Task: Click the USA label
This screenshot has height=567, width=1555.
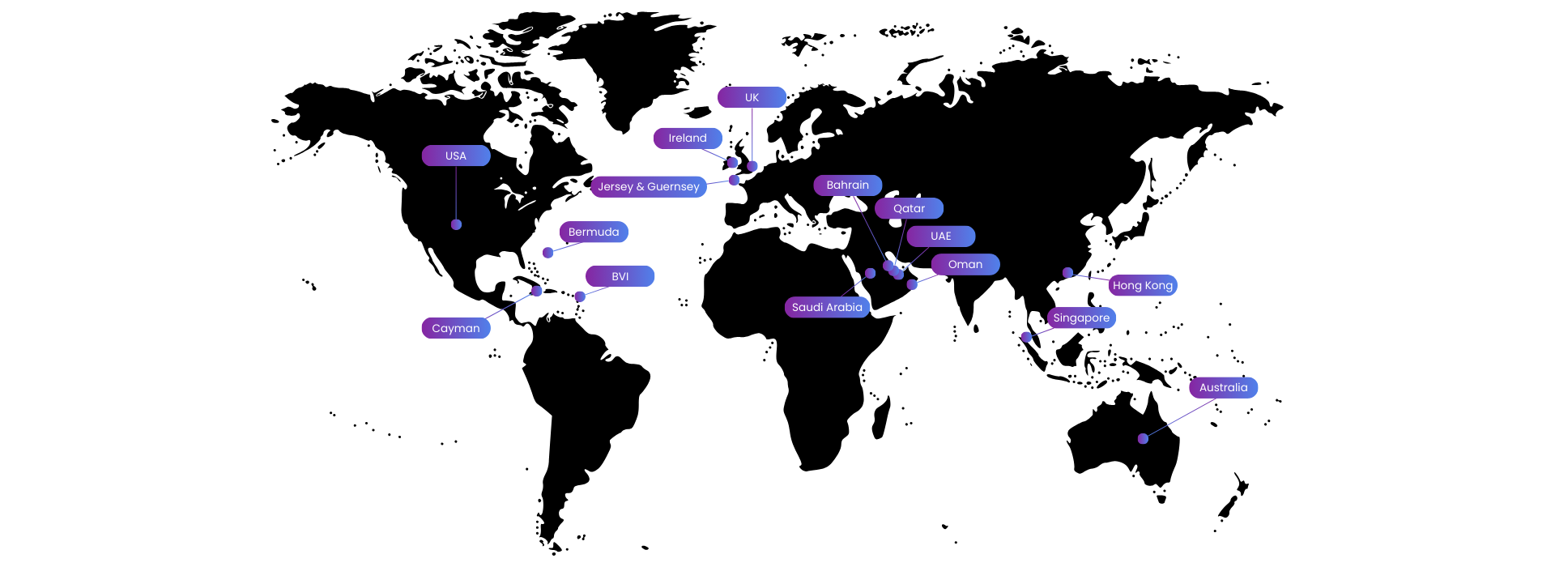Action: tap(456, 156)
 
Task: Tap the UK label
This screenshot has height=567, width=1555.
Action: tap(752, 97)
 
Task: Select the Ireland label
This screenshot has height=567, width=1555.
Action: tap(688, 139)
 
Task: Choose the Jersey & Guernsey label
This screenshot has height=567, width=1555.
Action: tap(649, 186)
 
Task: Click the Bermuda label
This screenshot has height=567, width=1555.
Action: tap(594, 232)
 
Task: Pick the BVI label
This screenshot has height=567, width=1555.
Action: tap(620, 276)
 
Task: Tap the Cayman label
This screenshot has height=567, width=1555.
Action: tap(456, 328)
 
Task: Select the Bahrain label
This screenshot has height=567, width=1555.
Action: tap(848, 185)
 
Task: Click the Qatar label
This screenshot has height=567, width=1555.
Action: tap(909, 208)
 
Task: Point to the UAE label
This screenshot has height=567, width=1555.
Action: tap(941, 236)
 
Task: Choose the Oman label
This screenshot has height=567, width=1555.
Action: tap(965, 265)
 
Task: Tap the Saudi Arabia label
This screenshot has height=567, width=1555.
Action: tap(828, 307)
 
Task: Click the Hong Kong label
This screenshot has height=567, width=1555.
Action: tap(1143, 285)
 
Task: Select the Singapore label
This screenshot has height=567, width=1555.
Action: tap(1082, 318)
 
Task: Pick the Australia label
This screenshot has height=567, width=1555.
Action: tap(1224, 388)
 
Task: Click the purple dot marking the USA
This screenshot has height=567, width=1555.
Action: tap(456, 224)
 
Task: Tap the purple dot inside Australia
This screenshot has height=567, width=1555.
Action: tap(1143, 438)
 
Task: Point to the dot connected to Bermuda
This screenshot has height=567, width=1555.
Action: tap(547, 253)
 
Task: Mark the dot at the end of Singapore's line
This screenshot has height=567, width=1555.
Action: tap(1026, 337)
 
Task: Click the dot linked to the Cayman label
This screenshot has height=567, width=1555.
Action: tap(536, 291)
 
